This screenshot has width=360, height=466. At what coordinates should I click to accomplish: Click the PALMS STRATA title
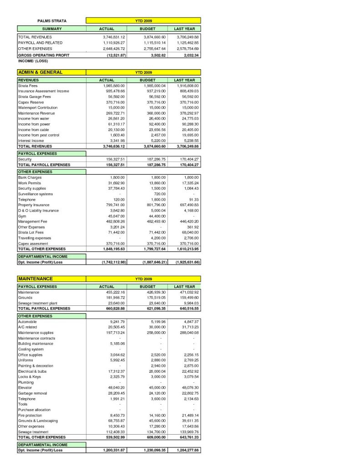(x=51, y=21)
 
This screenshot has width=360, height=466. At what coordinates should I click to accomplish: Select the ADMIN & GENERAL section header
(x=40, y=72)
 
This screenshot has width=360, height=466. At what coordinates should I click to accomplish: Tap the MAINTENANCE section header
(x=35, y=279)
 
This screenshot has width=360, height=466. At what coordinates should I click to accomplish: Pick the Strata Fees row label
(x=28, y=86)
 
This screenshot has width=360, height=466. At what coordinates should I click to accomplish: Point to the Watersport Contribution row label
(x=38, y=107)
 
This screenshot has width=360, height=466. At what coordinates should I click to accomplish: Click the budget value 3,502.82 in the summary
(x=157, y=55)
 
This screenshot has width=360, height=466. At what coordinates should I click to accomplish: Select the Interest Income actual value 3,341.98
(x=117, y=141)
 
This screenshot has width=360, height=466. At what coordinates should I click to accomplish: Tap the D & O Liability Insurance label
(x=38, y=211)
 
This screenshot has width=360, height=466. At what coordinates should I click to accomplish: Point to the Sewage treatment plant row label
(x=38, y=303)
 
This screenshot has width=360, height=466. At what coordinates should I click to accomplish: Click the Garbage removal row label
(x=33, y=393)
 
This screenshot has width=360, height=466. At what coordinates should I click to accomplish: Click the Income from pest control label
(x=39, y=135)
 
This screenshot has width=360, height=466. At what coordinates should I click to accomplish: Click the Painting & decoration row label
(x=35, y=366)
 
